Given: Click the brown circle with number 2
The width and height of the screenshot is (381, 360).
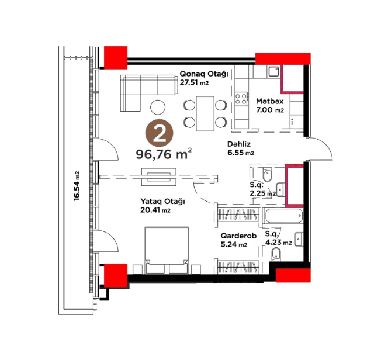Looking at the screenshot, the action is (159, 133).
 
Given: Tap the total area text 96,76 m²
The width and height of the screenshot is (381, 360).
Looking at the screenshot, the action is (164, 154).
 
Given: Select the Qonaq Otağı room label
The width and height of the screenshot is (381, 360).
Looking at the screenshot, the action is (203, 74).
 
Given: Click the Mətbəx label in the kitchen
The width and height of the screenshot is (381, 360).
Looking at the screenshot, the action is (270, 101).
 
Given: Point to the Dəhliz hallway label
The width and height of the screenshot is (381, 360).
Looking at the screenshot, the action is (239, 144).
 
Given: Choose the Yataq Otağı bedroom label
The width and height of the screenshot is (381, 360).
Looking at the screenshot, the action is (162, 202).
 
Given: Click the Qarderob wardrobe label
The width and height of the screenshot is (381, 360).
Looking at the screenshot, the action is (238, 236).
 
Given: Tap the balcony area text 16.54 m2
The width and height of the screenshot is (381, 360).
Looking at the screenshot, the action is (77, 186).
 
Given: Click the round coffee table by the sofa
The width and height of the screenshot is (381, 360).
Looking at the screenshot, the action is (158, 107).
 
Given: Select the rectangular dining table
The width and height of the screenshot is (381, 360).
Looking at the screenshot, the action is (205, 113).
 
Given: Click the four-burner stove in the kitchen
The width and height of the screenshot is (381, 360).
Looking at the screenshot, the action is (241, 99).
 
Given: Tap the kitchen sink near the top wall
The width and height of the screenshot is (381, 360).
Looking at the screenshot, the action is (274, 72).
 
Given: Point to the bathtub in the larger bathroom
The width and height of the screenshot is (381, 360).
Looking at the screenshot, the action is (284, 216).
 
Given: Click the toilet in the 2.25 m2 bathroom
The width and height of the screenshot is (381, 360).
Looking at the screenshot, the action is (267, 175).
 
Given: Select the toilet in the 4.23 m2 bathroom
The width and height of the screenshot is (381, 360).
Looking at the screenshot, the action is (276, 254).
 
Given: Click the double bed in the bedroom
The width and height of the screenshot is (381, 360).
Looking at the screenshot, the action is (167, 250).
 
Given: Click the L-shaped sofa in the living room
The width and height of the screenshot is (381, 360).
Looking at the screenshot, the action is (148, 93).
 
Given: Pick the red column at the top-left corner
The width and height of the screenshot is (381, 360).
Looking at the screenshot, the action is (116, 58).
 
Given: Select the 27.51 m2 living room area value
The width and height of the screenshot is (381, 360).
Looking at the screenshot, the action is (194, 82).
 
